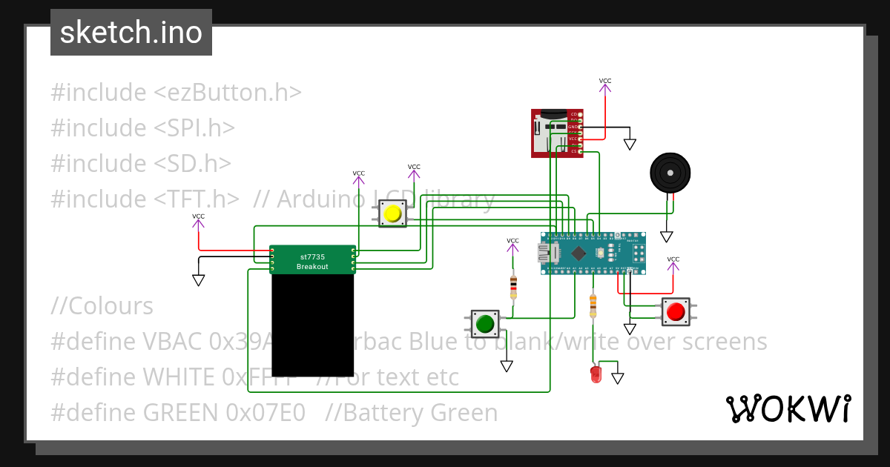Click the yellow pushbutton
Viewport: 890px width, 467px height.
pyautogui.click(x=392, y=215)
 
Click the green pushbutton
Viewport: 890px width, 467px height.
pyautogui.click(x=486, y=324)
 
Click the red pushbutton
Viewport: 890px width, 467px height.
pyautogui.click(x=675, y=312)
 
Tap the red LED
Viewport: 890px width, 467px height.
pyautogui.click(x=596, y=374)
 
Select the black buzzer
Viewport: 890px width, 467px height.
pyautogui.click(x=670, y=173)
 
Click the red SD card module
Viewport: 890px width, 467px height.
pyautogui.click(x=555, y=133)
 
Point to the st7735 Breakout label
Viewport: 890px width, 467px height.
pyautogui.click(x=312, y=261)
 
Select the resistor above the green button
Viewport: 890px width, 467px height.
pyautogui.click(x=513, y=287)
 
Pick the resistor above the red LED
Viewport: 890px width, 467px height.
pyautogui.click(x=592, y=304)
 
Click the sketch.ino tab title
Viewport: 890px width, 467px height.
pyautogui.click(x=131, y=33)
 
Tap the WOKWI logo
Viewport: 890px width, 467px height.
pyautogui.click(x=788, y=408)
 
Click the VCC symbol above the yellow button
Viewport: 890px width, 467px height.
pyautogui.click(x=414, y=170)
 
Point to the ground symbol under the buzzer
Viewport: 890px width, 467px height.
pyautogui.click(x=667, y=236)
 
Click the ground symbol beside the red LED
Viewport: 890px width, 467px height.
pyautogui.click(x=617, y=378)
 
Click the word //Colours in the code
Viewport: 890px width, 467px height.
pyautogui.click(x=102, y=306)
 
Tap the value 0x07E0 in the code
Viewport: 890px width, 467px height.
pyautogui.click(x=270, y=413)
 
